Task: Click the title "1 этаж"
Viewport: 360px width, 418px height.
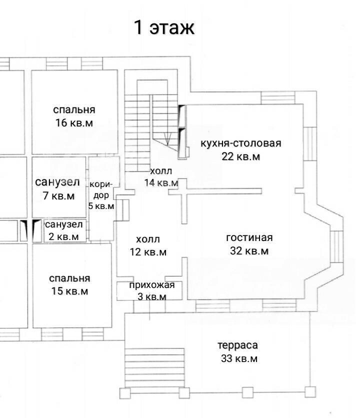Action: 164,27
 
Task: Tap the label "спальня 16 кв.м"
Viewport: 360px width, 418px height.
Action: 74,116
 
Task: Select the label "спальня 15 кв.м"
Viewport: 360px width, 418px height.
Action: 69,284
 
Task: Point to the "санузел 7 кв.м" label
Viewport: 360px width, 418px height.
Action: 57,188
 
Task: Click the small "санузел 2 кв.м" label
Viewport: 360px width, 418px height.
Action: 64,230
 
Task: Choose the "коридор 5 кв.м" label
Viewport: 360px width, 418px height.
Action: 101,195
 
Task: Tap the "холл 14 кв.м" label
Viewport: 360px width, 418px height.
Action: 161,176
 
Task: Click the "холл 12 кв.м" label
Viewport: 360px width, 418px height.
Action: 148,245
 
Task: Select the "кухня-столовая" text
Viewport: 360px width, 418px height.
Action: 241,143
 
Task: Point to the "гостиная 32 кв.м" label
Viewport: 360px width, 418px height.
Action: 249,244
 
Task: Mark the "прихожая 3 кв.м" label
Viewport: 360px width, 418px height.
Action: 152,291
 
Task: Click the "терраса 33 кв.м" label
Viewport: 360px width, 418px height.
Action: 238,352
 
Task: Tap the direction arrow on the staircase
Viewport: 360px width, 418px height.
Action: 167,138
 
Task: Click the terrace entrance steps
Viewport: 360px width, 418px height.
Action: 154,367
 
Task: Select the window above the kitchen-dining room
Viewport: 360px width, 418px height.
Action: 278,97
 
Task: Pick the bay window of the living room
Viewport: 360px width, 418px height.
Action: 336,246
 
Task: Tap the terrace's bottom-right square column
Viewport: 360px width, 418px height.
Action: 310,392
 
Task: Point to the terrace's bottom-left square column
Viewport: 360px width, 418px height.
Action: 125,393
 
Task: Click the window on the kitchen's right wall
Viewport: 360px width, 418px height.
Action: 310,144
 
